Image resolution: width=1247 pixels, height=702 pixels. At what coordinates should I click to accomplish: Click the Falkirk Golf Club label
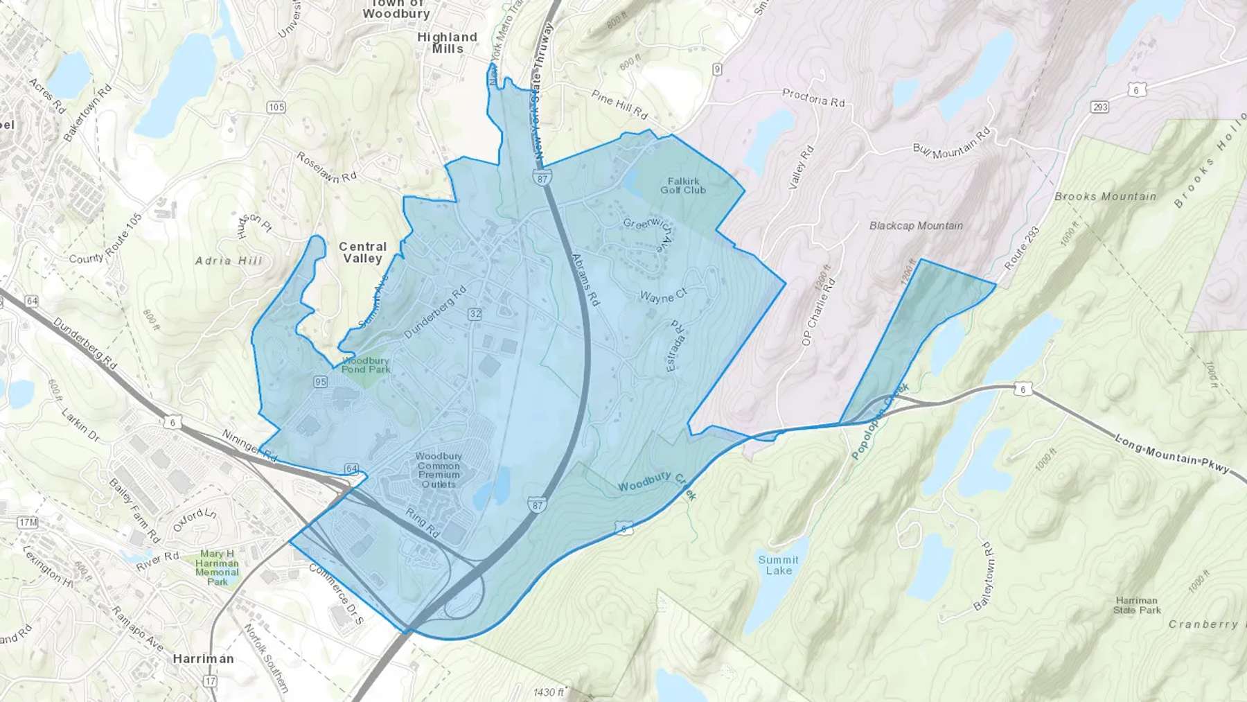coord(683,186)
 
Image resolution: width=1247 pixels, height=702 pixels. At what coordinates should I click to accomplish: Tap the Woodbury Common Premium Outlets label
coord(439,470)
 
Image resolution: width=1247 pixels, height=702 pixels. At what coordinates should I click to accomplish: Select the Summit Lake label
coord(778,565)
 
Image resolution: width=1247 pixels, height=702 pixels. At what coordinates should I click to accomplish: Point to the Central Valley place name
coord(362,252)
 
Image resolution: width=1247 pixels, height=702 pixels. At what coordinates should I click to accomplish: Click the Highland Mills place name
coord(447,42)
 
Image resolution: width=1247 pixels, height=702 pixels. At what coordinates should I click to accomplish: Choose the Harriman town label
coord(203,658)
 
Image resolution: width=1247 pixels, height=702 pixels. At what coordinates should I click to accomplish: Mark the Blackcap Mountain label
coord(916,226)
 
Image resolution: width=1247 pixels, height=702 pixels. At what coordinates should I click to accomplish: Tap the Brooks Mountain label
coord(1105,197)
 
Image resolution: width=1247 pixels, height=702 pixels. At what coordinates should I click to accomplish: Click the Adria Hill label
coord(229,261)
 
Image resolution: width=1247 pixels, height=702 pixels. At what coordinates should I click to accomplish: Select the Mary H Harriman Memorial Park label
coord(217,568)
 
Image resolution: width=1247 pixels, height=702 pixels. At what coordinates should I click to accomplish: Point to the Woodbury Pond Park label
coord(366,365)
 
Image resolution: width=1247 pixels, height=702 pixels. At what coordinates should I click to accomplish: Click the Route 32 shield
coord(475,314)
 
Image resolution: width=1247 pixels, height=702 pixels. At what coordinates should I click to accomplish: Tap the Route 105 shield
coord(276,107)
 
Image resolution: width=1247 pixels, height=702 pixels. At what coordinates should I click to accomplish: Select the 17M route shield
coord(28,522)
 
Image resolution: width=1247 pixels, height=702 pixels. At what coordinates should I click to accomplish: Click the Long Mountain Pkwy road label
coord(1172,455)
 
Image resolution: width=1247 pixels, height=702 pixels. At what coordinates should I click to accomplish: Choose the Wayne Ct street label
coord(663,296)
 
